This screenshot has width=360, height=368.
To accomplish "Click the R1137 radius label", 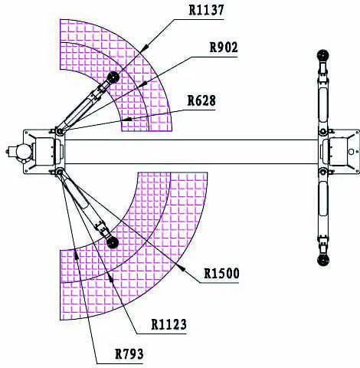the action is tap(207, 10).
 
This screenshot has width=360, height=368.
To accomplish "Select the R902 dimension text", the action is tap(224, 48).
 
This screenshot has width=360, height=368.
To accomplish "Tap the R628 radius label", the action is tap(201, 100).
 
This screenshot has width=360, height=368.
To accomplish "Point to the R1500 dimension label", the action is tap(221, 274).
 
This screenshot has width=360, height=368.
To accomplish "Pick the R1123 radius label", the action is tap(169, 324).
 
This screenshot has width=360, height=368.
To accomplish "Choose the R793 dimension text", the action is tap(129, 354).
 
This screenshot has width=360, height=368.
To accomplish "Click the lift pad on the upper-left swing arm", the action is tap(113, 77).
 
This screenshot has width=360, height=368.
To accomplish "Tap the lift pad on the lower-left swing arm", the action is tap(112, 242).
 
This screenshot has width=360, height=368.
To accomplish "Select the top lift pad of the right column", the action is tap(322, 55).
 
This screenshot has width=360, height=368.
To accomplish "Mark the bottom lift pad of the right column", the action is tap(322, 260).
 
